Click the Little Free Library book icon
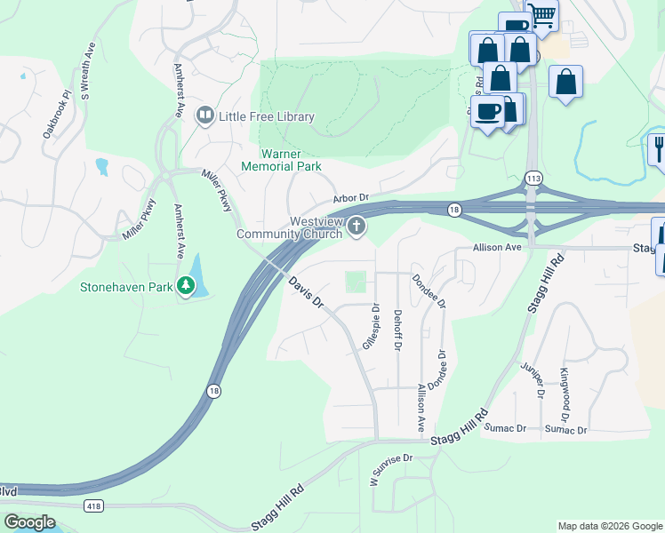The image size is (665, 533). click(x=204, y=115)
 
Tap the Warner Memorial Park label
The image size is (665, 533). click(x=281, y=159)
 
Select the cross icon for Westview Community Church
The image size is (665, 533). click(x=357, y=227)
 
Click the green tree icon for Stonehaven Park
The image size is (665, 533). click(x=186, y=286)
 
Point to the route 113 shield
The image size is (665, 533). click(x=533, y=179)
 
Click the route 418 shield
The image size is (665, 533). click(x=93, y=505)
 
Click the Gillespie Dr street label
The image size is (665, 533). click(x=371, y=326)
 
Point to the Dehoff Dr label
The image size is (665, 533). click(x=397, y=326)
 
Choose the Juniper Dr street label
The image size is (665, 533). click(x=536, y=378)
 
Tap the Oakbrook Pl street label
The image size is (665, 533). click(x=55, y=114)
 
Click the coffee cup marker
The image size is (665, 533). click(x=487, y=112)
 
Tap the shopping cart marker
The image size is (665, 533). click(x=541, y=14)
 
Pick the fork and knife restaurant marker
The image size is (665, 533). click(x=659, y=147)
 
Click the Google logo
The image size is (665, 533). click(x=29, y=522)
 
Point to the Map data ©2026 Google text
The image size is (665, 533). click(x=610, y=526)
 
